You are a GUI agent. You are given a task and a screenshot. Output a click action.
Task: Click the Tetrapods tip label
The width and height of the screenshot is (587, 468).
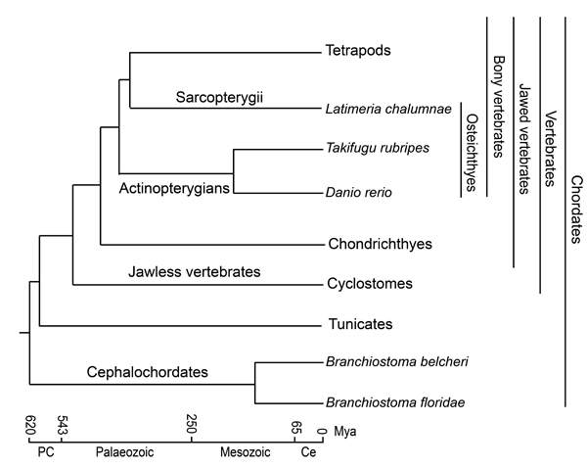(357, 50)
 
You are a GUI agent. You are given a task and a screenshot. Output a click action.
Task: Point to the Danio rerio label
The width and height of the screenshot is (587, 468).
(359, 192)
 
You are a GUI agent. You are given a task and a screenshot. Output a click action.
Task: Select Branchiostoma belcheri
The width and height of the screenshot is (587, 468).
(396, 361)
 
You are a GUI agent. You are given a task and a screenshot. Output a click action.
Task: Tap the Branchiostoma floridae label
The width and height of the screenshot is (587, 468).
(396, 402)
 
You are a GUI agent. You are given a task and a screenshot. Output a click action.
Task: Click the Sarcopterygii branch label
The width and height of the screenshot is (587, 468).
(220, 97)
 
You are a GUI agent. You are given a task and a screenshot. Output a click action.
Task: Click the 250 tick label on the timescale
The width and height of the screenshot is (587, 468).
(192, 427)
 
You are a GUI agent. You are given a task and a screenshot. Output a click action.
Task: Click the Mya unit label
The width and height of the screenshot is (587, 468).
(345, 431)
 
